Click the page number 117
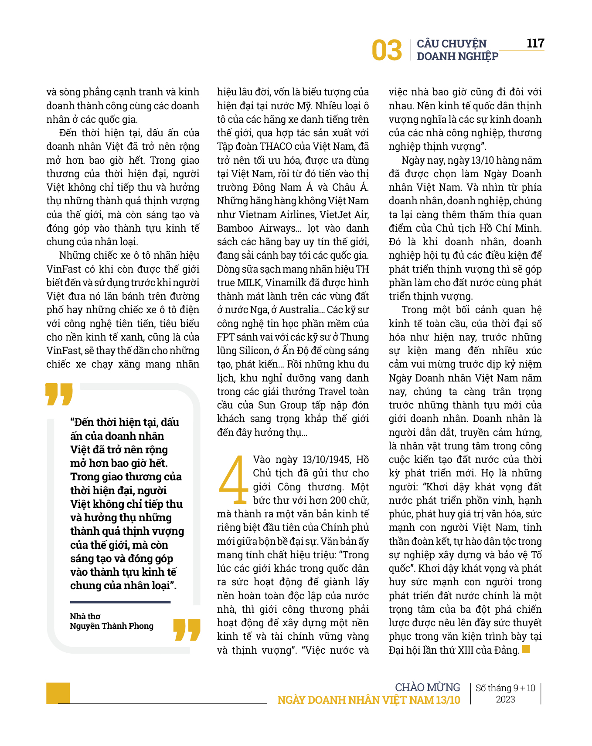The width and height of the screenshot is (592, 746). pyautogui.click(x=535, y=43)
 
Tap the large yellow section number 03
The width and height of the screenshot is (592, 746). pyautogui.click(x=387, y=50)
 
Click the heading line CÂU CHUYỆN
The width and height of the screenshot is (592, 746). pyautogui.click(x=452, y=44)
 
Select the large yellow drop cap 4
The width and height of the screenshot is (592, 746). pyautogui.click(x=233, y=479)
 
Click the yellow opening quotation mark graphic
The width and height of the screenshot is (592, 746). pyautogui.click(x=59, y=394)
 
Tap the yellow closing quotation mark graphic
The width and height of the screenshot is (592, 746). pyautogui.click(x=187, y=629)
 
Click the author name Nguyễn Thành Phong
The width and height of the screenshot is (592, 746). pyautogui.click(x=112, y=626)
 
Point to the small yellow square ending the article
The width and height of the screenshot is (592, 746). pyautogui.click(x=526, y=649)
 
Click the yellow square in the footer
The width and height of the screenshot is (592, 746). pyautogui.click(x=58, y=693)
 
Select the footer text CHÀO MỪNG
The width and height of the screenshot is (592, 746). pyautogui.click(x=427, y=687)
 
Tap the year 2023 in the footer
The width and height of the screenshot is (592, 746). pyautogui.click(x=505, y=699)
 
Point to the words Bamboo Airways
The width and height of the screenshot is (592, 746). pyautogui.click(x=257, y=228)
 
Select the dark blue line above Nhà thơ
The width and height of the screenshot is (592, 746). pyautogui.click(x=120, y=602)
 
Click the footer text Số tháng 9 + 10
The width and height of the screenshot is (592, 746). pyautogui.click(x=505, y=688)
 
